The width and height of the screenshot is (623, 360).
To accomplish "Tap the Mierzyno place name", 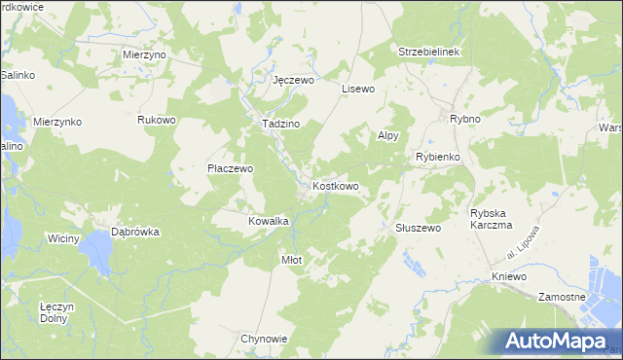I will (145, 55).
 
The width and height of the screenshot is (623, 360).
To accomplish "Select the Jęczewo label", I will (293, 80).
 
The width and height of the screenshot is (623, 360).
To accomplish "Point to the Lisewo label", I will (357, 89).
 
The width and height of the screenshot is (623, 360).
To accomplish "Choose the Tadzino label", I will (279, 125).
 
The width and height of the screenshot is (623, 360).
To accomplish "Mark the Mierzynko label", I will (57, 122).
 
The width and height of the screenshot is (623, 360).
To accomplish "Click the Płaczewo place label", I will (230, 168).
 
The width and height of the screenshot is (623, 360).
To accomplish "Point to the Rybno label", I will (465, 119).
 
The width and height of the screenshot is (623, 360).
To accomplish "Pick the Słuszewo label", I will (419, 228).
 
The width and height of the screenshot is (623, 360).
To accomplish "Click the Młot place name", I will (291, 260).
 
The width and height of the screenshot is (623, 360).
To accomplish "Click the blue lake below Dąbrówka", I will (99, 253).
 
